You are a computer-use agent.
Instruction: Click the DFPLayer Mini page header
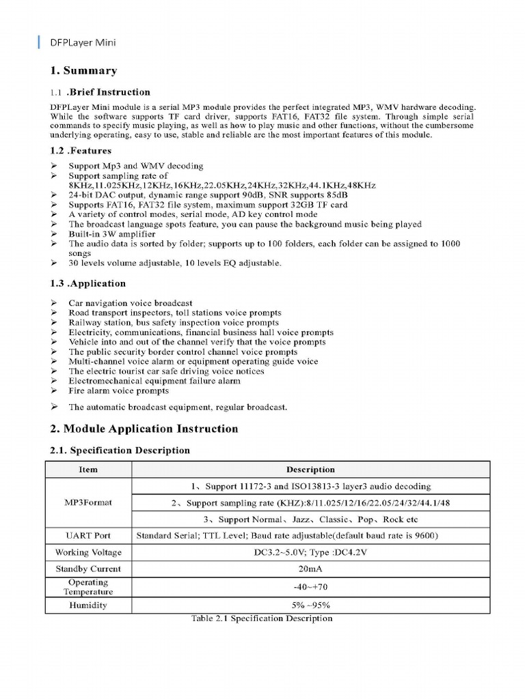82,42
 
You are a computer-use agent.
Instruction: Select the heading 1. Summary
83,71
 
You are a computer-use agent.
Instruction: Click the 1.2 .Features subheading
81,151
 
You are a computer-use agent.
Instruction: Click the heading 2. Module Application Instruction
144,429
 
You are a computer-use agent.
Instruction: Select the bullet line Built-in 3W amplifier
107,233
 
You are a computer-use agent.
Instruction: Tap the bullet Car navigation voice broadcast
130,303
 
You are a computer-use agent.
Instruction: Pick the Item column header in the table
88,470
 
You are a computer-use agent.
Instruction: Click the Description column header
310,470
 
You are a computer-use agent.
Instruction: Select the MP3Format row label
88,502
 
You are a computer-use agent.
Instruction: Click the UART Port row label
88,536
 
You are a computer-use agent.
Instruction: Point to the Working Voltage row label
88,552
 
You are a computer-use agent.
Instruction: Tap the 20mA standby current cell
310,569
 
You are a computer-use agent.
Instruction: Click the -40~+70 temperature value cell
310,587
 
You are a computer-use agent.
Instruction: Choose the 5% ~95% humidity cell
310,605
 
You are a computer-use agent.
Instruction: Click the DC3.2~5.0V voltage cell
310,552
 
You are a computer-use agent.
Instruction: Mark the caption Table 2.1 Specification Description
262,618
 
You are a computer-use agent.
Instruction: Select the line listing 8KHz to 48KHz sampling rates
221,186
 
